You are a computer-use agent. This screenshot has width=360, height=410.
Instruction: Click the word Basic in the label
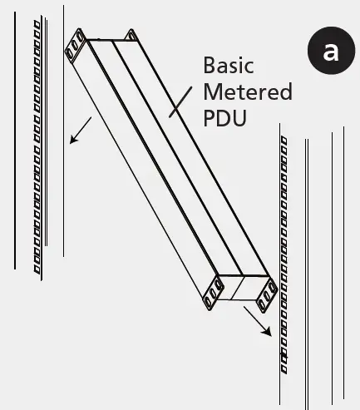pyautogui.click(x=229, y=66)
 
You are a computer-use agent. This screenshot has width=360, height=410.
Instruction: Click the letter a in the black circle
pyautogui.click(x=330, y=51)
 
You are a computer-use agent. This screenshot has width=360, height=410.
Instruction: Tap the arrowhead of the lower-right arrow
pyautogui.click(x=268, y=332)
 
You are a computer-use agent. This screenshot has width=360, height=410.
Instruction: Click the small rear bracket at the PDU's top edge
pyautogui.click(x=131, y=35)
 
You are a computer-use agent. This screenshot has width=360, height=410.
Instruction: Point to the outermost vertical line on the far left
pyautogui.click(x=16, y=141)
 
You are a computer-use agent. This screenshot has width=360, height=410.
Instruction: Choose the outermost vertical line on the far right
pyautogui.click(x=343, y=266)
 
